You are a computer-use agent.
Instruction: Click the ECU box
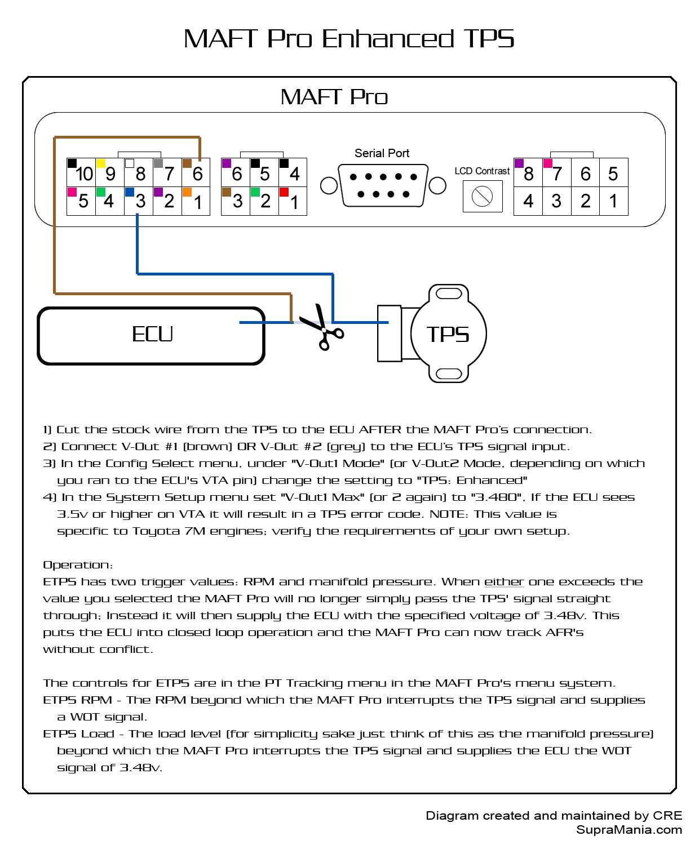[x=151, y=335]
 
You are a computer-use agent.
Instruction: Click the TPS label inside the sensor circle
[x=448, y=335]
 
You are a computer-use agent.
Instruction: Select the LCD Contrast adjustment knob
[x=482, y=197]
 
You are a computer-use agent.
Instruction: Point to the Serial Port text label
[x=382, y=153]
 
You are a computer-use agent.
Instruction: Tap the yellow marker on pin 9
[x=100, y=163]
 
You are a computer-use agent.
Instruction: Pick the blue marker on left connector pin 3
[x=129, y=192]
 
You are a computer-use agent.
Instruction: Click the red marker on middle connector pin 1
[x=284, y=192]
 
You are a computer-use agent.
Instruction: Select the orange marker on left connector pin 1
[x=187, y=192]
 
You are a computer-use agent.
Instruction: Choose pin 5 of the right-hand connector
[x=613, y=173]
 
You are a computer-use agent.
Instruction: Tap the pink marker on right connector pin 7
[x=547, y=163]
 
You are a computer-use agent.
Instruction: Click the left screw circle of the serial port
[x=328, y=185]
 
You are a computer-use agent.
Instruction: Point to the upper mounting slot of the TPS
[x=449, y=293]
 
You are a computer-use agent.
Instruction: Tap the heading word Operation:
[x=78, y=565]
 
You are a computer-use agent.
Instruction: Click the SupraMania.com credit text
[x=629, y=830]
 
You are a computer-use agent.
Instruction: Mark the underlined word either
[x=504, y=582]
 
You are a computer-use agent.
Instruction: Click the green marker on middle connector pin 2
[x=255, y=192]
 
